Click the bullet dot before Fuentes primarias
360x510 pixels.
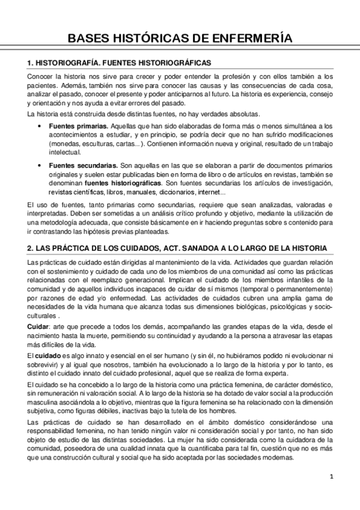(x=39, y=126)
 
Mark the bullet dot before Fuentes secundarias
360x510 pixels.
(x=39, y=165)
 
